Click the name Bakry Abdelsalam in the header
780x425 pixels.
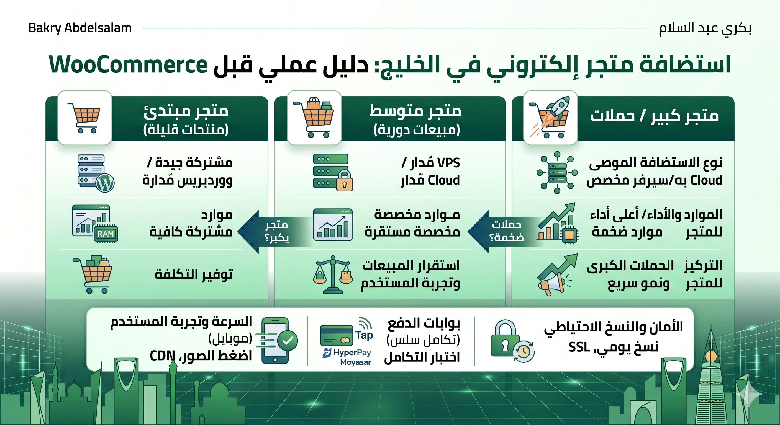(x=80, y=28)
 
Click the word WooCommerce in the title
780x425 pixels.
(x=128, y=65)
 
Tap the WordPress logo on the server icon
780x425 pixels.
(x=105, y=183)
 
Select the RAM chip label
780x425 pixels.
(x=106, y=234)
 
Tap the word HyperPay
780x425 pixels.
(x=352, y=353)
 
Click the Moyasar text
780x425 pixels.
(x=355, y=362)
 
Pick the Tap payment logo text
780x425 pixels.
(x=364, y=335)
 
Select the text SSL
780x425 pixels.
(x=579, y=347)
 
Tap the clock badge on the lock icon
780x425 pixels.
(x=524, y=351)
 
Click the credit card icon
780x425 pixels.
(x=337, y=335)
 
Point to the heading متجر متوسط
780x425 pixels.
(x=415, y=111)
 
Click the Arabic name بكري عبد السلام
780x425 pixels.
(x=705, y=28)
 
